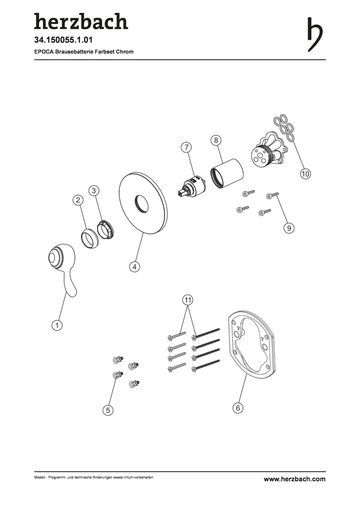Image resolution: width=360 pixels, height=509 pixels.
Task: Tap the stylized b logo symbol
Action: pos(315,34)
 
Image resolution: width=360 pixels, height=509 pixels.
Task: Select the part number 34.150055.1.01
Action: pos(63,40)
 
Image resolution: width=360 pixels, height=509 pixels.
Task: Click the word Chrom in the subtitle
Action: pos(125,52)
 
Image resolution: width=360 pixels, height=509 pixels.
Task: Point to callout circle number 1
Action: pos(57,325)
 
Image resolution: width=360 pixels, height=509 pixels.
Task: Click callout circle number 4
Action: pos(134,267)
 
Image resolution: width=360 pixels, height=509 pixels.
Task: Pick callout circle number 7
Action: pos(186,147)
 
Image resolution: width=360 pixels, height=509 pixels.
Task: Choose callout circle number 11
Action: pos(188,300)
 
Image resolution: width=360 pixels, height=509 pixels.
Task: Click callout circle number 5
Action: pos(108,410)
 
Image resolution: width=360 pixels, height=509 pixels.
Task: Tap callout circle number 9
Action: pos(289,228)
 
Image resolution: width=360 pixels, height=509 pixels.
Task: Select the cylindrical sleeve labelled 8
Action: pos(228,172)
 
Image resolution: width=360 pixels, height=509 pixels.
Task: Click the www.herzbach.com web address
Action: pos(295,479)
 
